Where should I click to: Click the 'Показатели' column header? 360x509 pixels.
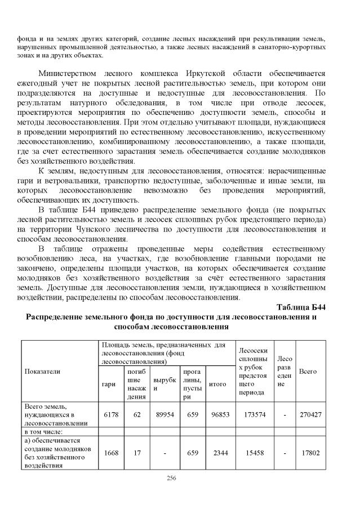(x=42, y=371)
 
